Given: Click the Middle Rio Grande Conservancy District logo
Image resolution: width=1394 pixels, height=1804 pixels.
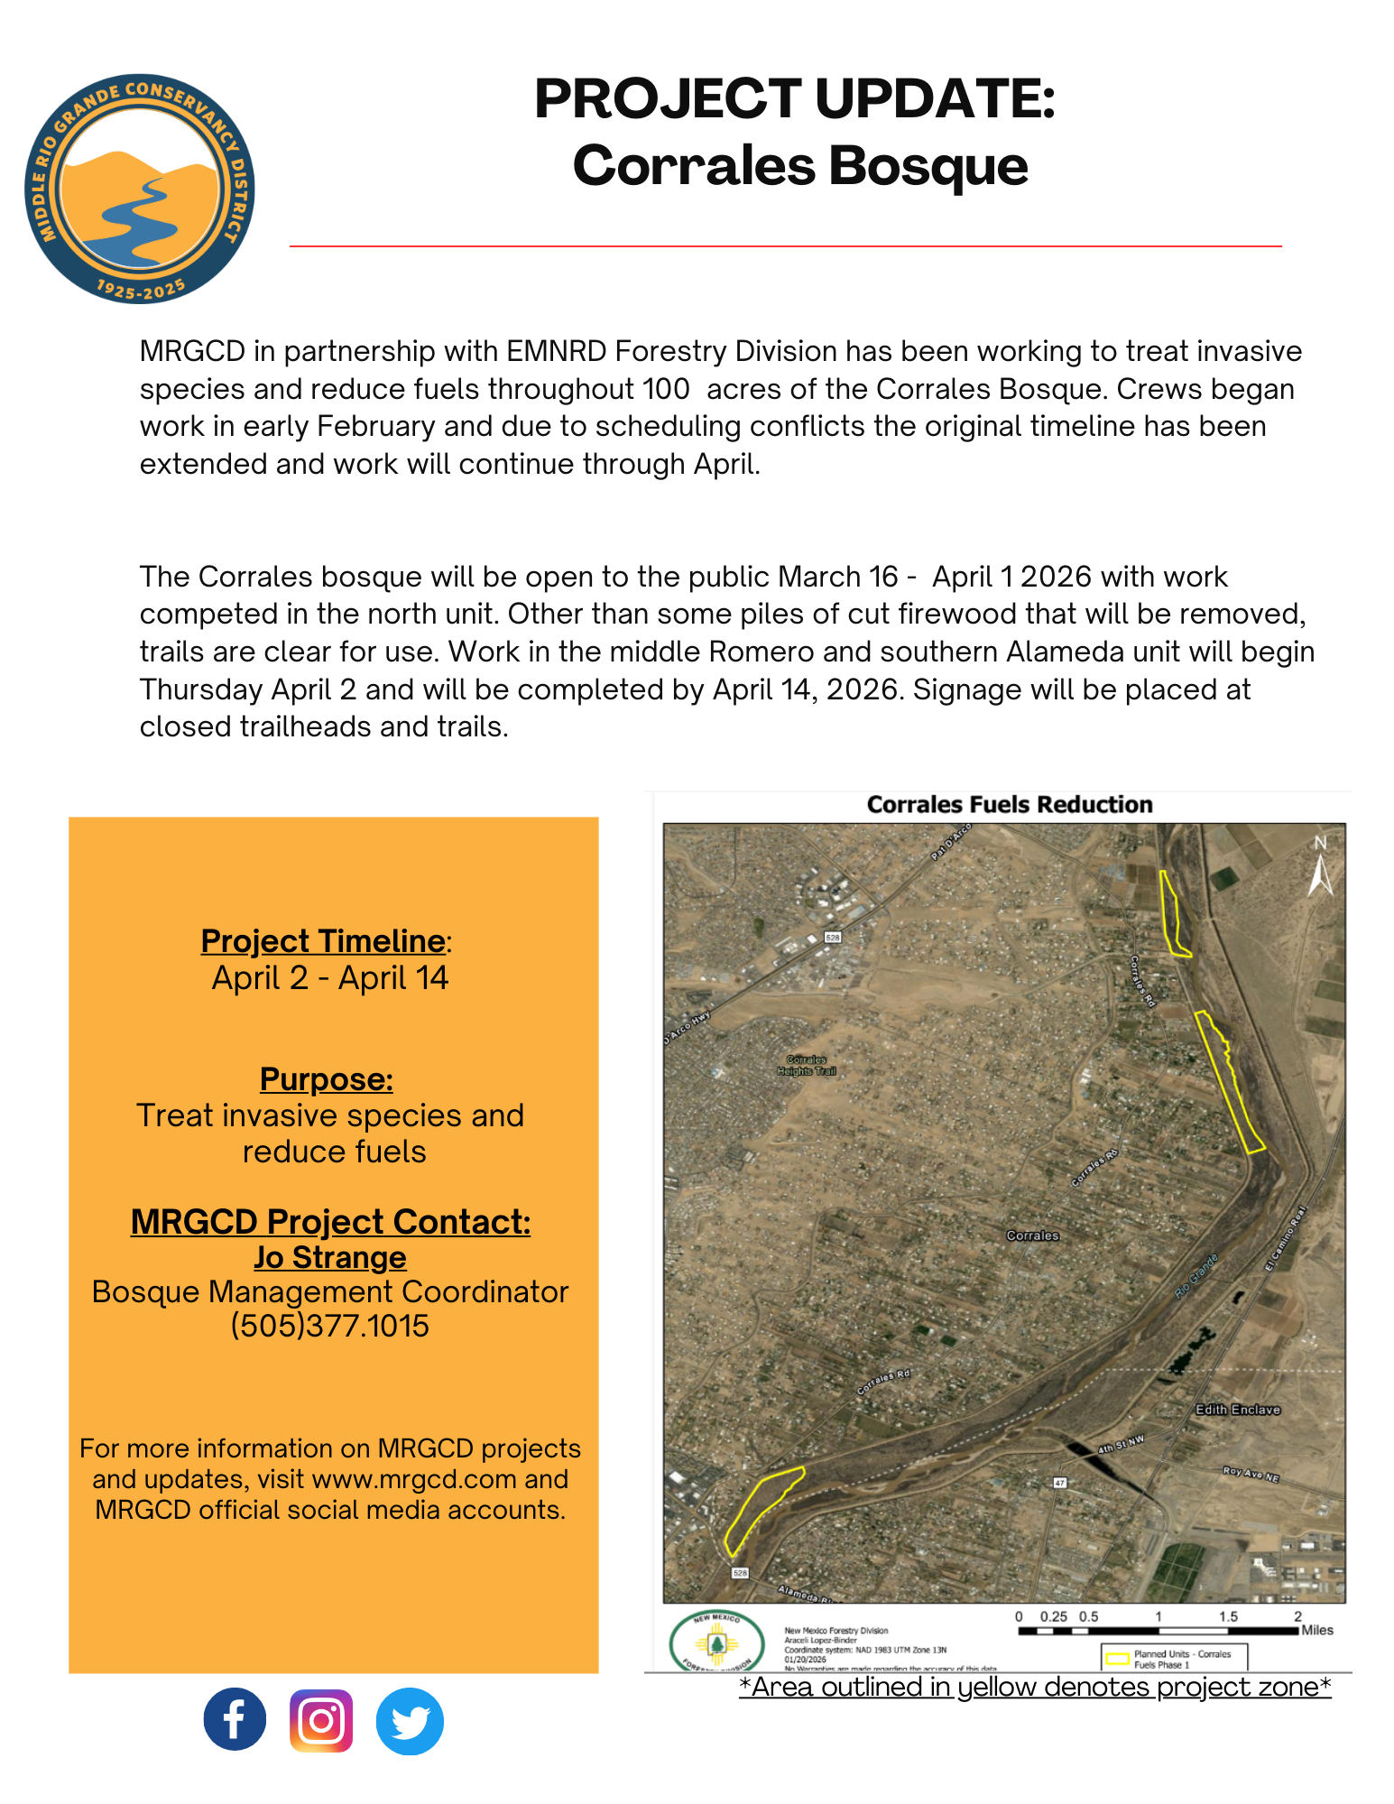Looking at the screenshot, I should pyautogui.click(x=140, y=189).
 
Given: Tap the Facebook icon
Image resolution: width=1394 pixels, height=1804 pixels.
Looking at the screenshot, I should pyautogui.click(x=235, y=1719).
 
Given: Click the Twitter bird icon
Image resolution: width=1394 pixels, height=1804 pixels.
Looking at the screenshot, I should pyautogui.click(x=410, y=1721).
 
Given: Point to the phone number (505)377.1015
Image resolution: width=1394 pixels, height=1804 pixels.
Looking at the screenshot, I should pyautogui.click(x=330, y=1326).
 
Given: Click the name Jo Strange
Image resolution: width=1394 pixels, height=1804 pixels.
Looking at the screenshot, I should pyautogui.click(x=330, y=1257).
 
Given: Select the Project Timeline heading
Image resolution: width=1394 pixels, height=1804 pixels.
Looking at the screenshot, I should pyautogui.click(x=323, y=941).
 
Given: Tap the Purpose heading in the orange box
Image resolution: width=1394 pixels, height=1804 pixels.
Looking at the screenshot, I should pyautogui.click(x=327, y=1079).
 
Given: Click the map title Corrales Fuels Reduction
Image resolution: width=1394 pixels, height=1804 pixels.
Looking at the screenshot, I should pyautogui.click(x=1010, y=805).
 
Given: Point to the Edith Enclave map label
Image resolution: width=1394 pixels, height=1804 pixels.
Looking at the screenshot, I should pyautogui.click(x=1237, y=1410).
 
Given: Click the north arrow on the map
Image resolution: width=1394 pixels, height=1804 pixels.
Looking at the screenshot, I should pyautogui.click(x=1320, y=866).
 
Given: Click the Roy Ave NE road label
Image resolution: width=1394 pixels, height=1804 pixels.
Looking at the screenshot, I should pyautogui.click(x=1251, y=1474).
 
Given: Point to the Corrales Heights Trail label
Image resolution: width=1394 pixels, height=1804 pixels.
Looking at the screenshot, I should pyautogui.click(x=807, y=1066).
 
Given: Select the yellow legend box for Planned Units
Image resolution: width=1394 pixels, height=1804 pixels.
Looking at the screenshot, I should pyautogui.click(x=1118, y=1659).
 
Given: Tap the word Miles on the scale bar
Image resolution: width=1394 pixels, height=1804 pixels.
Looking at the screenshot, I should pyautogui.click(x=1317, y=1630).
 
